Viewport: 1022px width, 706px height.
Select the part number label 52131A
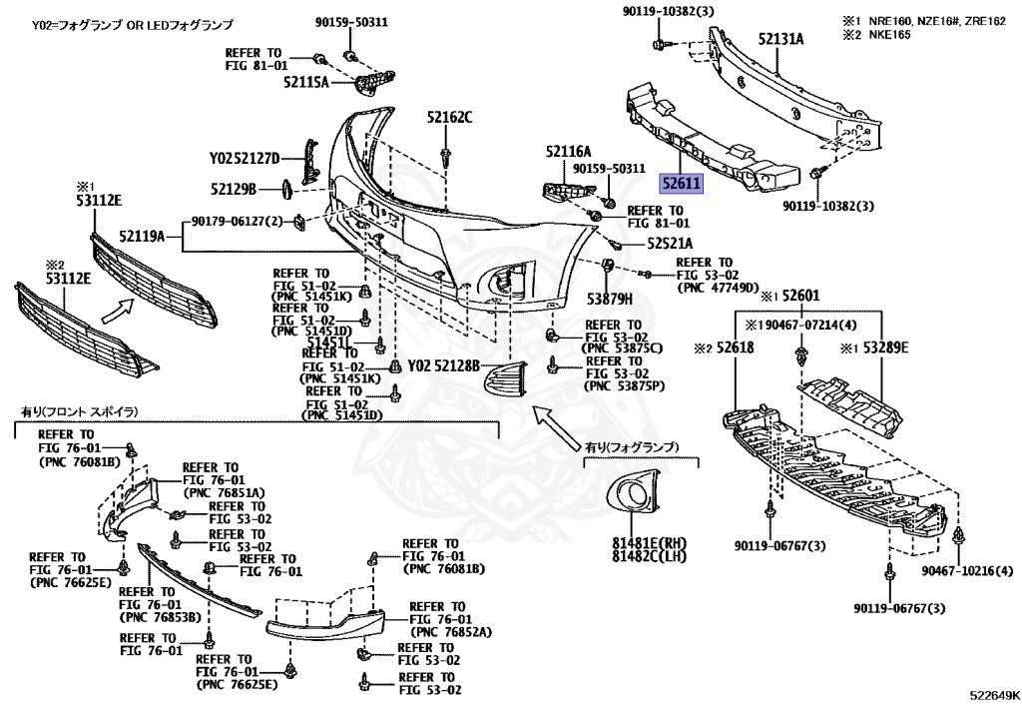click(x=780, y=40)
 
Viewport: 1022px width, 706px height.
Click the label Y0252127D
click(x=245, y=158)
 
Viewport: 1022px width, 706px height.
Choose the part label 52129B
click(x=234, y=188)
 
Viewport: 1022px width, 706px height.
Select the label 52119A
click(x=142, y=238)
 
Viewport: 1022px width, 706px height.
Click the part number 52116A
click(x=568, y=151)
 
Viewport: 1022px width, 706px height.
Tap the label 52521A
click(x=670, y=243)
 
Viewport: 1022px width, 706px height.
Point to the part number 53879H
click(x=610, y=297)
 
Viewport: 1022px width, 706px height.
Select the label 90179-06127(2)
click(x=239, y=221)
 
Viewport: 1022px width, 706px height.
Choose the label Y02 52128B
click(x=444, y=364)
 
